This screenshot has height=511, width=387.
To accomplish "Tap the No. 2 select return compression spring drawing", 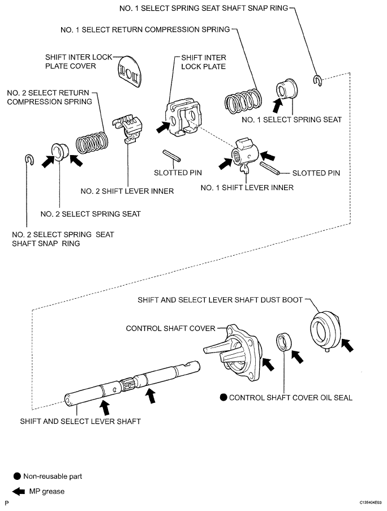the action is (x=92, y=142).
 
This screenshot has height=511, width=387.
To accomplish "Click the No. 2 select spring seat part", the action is (x=59, y=151).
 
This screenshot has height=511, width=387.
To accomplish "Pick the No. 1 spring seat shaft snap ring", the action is (x=317, y=80).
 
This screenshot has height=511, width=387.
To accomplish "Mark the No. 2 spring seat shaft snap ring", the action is (x=29, y=160).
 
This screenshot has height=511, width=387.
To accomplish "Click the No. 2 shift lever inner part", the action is (x=128, y=129).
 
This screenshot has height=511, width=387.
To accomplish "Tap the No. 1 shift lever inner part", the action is (x=246, y=153).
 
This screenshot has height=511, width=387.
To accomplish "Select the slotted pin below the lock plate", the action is (x=171, y=156).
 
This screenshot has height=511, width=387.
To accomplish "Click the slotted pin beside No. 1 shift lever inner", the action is (x=269, y=168).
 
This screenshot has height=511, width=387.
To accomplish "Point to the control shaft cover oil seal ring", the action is (x=284, y=342).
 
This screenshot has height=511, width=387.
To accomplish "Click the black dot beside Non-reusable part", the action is (x=17, y=476).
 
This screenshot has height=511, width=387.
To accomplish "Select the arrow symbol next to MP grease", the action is (x=18, y=491).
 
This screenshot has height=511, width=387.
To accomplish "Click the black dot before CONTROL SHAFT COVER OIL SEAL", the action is (x=223, y=397).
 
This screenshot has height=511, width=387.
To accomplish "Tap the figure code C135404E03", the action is (x=371, y=503).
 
